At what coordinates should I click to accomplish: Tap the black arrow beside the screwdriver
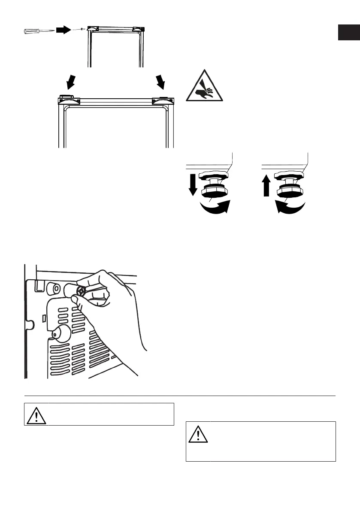(x=63, y=30)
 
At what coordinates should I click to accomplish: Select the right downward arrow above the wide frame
(x=161, y=80)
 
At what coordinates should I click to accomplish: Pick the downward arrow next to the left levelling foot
(x=192, y=184)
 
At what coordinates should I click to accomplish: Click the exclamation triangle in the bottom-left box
(x=36, y=414)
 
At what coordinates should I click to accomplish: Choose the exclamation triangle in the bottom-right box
(x=198, y=434)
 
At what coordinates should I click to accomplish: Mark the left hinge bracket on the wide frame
(x=69, y=100)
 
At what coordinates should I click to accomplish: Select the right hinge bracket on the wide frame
(x=163, y=100)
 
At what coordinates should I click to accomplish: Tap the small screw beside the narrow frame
(x=82, y=29)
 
